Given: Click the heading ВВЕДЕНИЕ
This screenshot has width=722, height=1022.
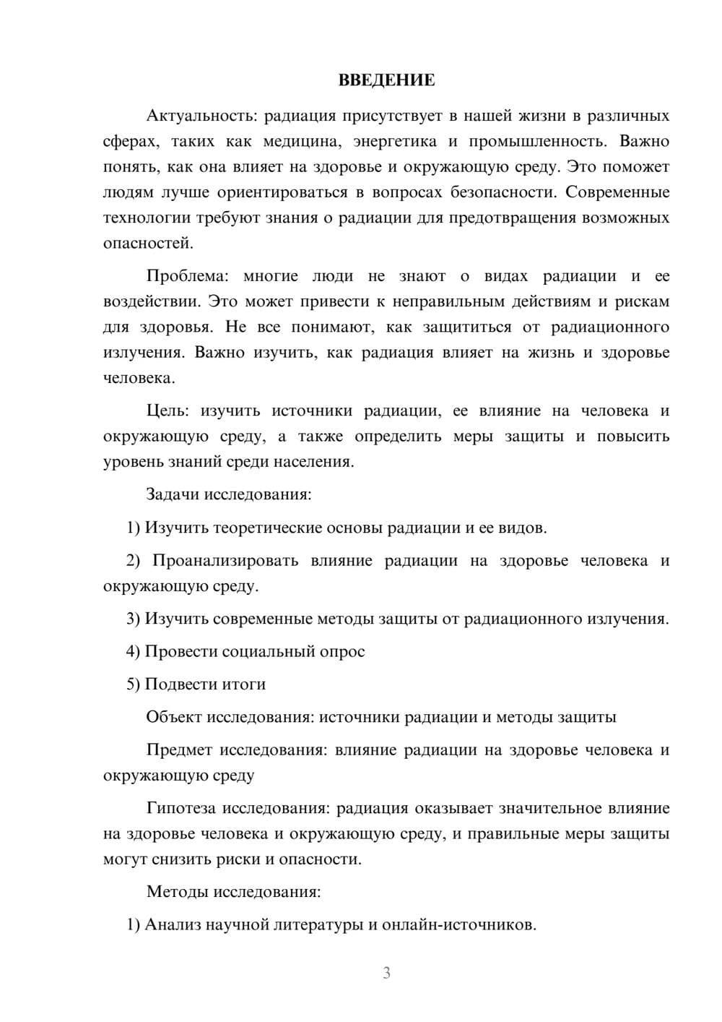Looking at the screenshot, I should click(386, 80).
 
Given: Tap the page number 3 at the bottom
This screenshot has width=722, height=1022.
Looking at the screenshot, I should click(386, 973).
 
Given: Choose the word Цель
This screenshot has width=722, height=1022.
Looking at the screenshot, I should click(168, 411).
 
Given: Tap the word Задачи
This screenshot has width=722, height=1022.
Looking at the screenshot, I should click(173, 495).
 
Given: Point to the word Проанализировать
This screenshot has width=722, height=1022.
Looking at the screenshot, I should click(225, 561).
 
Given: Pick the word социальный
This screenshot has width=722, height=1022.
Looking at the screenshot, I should click(267, 651).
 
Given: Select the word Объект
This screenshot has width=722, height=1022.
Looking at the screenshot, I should click(174, 717).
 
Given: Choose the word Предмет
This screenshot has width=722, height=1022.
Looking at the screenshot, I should click(179, 750).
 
